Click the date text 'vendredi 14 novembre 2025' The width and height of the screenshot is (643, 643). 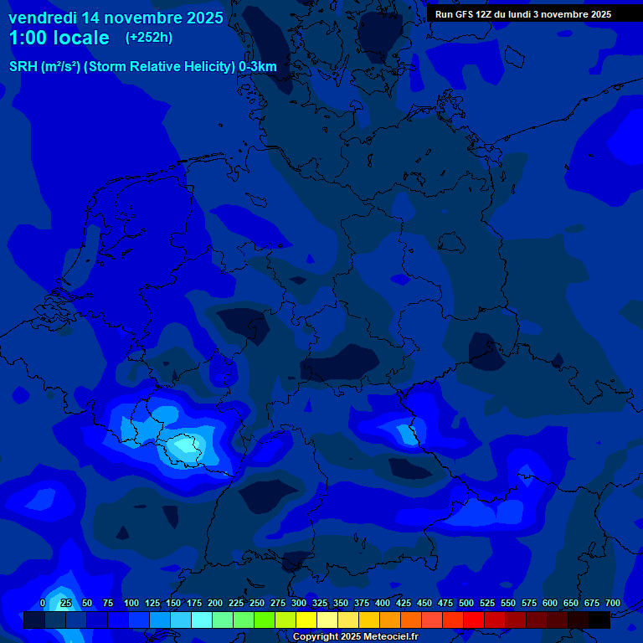[x=116, y=18]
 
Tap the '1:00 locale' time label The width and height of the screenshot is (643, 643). [x=59, y=38]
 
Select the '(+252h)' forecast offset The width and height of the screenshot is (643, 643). [x=149, y=38]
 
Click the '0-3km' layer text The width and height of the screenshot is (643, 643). [x=258, y=67]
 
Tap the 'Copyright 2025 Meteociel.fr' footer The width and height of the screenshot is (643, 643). [x=355, y=637]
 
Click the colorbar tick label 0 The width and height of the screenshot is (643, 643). [x=43, y=603]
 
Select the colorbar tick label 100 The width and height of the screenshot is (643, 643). [x=131, y=603]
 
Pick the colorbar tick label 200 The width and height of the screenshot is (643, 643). [x=215, y=603]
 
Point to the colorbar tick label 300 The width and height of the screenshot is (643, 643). [x=299, y=603]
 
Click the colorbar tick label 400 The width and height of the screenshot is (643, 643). [x=383, y=603]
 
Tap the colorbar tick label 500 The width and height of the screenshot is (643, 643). [x=466, y=603]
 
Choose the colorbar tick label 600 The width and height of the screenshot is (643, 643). [x=550, y=603]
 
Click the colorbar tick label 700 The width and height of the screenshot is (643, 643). [x=613, y=603]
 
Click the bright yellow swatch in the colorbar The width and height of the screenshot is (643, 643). [x=306, y=620]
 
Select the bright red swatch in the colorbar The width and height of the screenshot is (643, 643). [x=474, y=620]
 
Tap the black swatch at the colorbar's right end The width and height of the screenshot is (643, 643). [x=599, y=620]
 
